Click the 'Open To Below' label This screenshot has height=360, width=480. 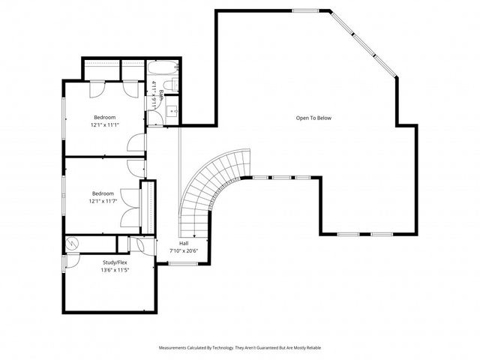(313, 118)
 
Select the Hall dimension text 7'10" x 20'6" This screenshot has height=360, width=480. (183, 250)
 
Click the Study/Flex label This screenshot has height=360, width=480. (115, 262)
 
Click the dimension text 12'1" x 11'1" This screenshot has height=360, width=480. (104, 124)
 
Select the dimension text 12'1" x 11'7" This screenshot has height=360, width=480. (104, 200)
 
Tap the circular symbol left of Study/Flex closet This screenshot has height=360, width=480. (73, 244)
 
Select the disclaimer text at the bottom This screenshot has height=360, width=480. (240, 348)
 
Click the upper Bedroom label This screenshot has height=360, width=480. (104, 117)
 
